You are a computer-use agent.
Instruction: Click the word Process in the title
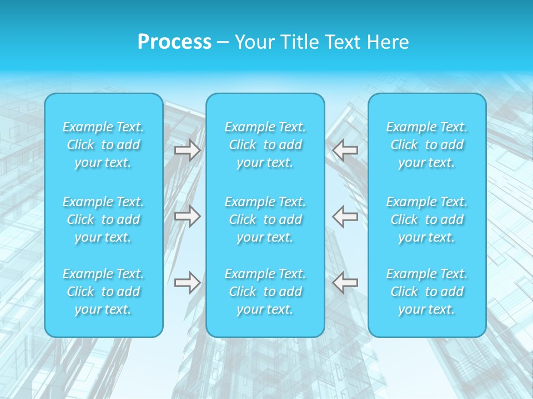pyautogui.click(x=174, y=42)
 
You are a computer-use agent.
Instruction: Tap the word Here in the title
pyautogui.click(x=388, y=42)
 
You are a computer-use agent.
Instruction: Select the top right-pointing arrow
pyautogui.click(x=188, y=150)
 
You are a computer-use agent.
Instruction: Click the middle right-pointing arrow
pyautogui.click(x=188, y=216)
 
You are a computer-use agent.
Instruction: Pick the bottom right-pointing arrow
pyautogui.click(x=188, y=283)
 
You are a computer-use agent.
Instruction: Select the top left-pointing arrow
pyautogui.click(x=345, y=150)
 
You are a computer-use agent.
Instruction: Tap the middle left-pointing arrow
pyautogui.click(x=345, y=216)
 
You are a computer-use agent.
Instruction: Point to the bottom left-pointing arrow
pyautogui.click(x=345, y=283)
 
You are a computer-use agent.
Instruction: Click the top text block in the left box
pyautogui.click(x=103, y=145)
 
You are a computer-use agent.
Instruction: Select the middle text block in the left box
pyautogui.click(x=103, y=219)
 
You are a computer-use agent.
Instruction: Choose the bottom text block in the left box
pyautogui.click(x=103, y=291)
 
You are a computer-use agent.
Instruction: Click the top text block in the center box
pyautogui.click(x=265, y=145)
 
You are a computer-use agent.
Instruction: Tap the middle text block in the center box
pyautogui.click(x=265, y=219)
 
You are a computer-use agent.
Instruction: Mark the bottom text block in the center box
pyautogui.click(x=265, y=291)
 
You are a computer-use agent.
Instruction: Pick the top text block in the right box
pyautogui.click(x=427, y=145)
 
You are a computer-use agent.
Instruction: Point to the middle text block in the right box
pyautogui.click(x=427, y=219)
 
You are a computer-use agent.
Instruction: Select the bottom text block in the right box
pyautogui.click(x=427, y=291)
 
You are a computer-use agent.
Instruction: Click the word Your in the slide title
pyautogui.click(x=254, y=42)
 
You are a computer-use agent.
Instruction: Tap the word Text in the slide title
pyautogui.click(x=341, y=42)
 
